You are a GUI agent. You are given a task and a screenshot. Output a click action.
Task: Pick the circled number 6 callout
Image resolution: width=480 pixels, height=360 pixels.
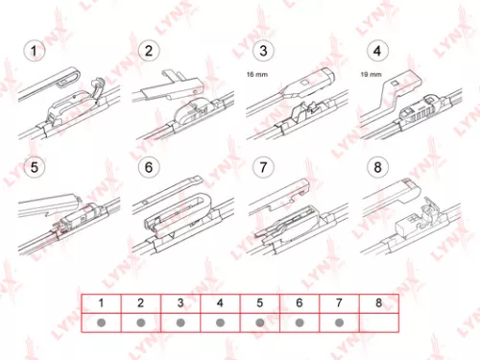tap(150, 167)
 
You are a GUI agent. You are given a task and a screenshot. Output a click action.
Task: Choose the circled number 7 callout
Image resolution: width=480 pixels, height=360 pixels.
tap(260, 167)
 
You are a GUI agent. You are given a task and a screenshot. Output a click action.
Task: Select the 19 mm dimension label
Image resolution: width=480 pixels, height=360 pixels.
tap(371, 73)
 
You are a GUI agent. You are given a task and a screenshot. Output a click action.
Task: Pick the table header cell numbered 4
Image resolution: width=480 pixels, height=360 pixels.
tap(220, 302)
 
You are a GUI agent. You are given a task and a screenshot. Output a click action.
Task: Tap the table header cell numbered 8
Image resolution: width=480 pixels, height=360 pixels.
tap(379, 302)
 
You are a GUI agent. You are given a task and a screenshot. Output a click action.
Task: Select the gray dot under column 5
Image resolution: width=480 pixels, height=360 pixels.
tap(259, 323)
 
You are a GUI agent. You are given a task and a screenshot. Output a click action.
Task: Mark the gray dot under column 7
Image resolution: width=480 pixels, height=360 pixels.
tap(339, 323)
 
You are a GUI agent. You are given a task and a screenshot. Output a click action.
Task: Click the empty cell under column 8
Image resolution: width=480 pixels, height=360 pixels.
tap(379, 323)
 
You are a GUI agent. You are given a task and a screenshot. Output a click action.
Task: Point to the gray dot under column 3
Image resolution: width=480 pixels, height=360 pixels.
tap(180, 323)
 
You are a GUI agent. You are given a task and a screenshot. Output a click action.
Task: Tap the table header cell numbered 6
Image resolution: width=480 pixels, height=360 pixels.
tap(300, 302)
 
